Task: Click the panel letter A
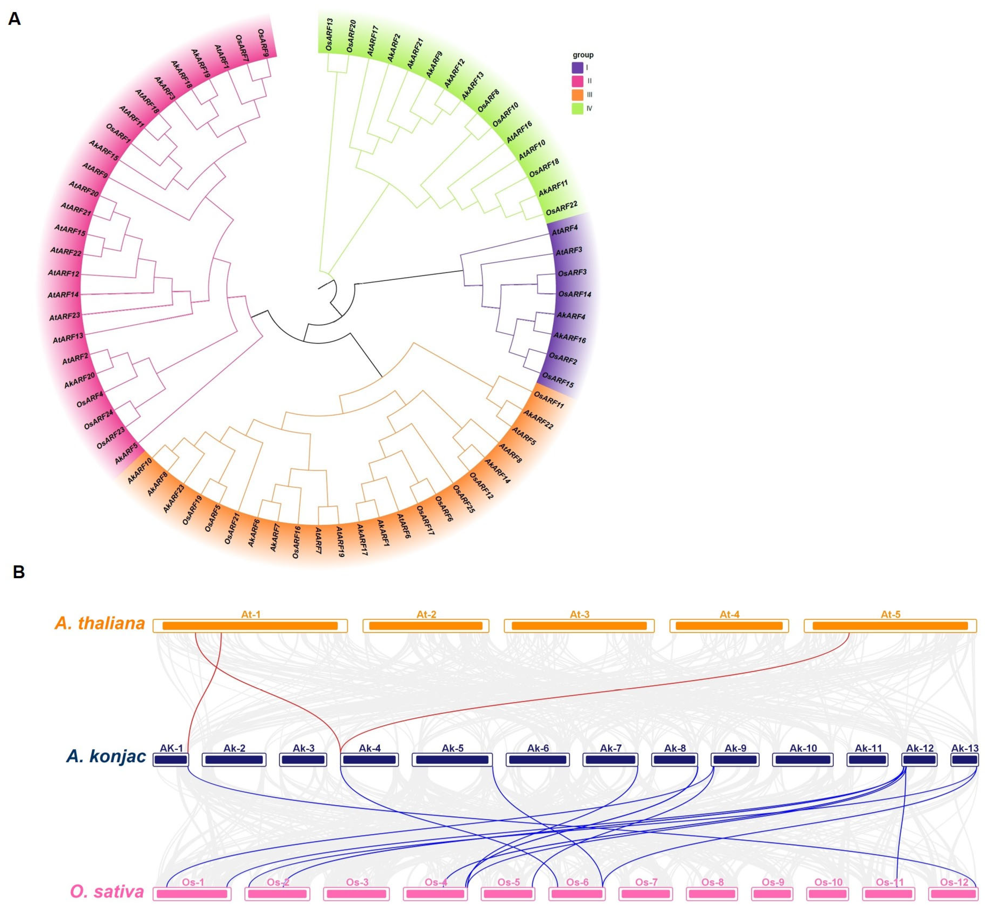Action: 14,19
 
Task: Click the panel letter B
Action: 19,572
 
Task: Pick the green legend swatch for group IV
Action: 577,109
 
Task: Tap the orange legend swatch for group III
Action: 577,95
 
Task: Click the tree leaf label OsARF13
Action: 329,35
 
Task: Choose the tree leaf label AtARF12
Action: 63,273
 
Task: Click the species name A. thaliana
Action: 100,623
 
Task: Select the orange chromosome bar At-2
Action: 426,626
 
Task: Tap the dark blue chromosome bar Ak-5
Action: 452,760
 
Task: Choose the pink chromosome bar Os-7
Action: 646,894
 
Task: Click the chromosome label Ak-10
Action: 803,748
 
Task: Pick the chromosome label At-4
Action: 729,614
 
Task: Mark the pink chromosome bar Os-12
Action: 953,894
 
